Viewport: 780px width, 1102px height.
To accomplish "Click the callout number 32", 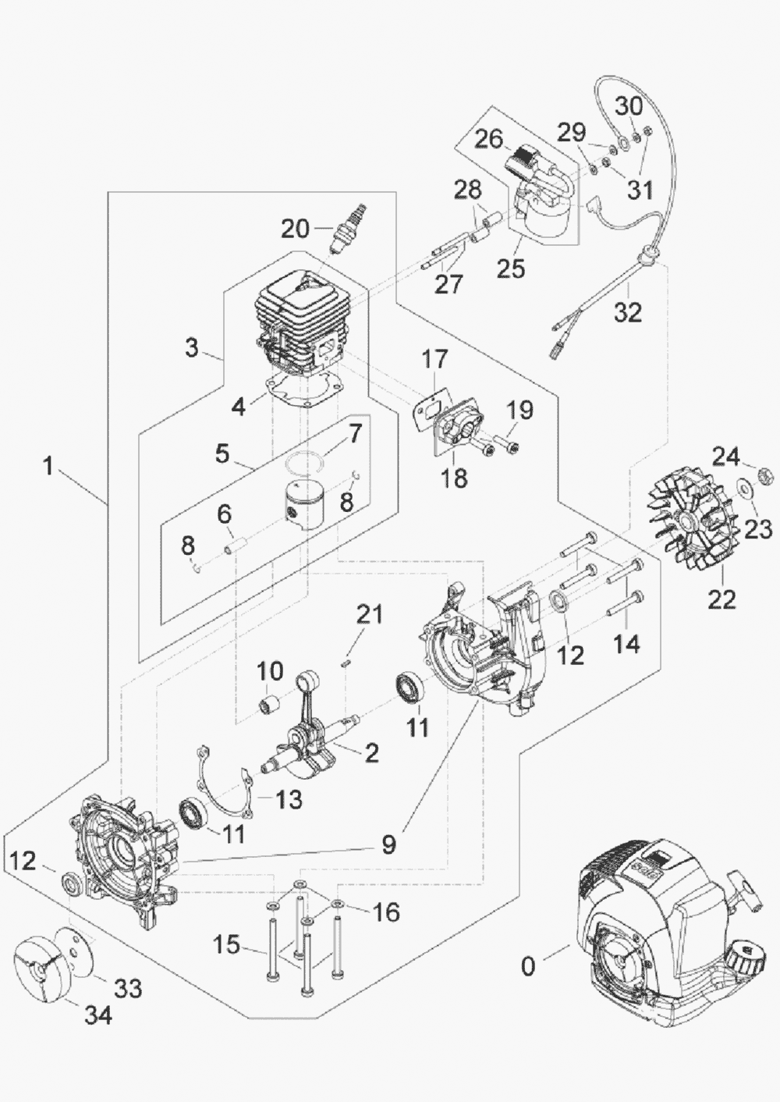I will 627,311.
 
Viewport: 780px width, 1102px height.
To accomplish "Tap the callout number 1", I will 48,467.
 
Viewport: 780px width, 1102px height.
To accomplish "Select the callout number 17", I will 435,359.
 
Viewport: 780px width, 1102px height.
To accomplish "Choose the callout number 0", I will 529,967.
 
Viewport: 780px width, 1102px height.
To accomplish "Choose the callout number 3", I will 192,347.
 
